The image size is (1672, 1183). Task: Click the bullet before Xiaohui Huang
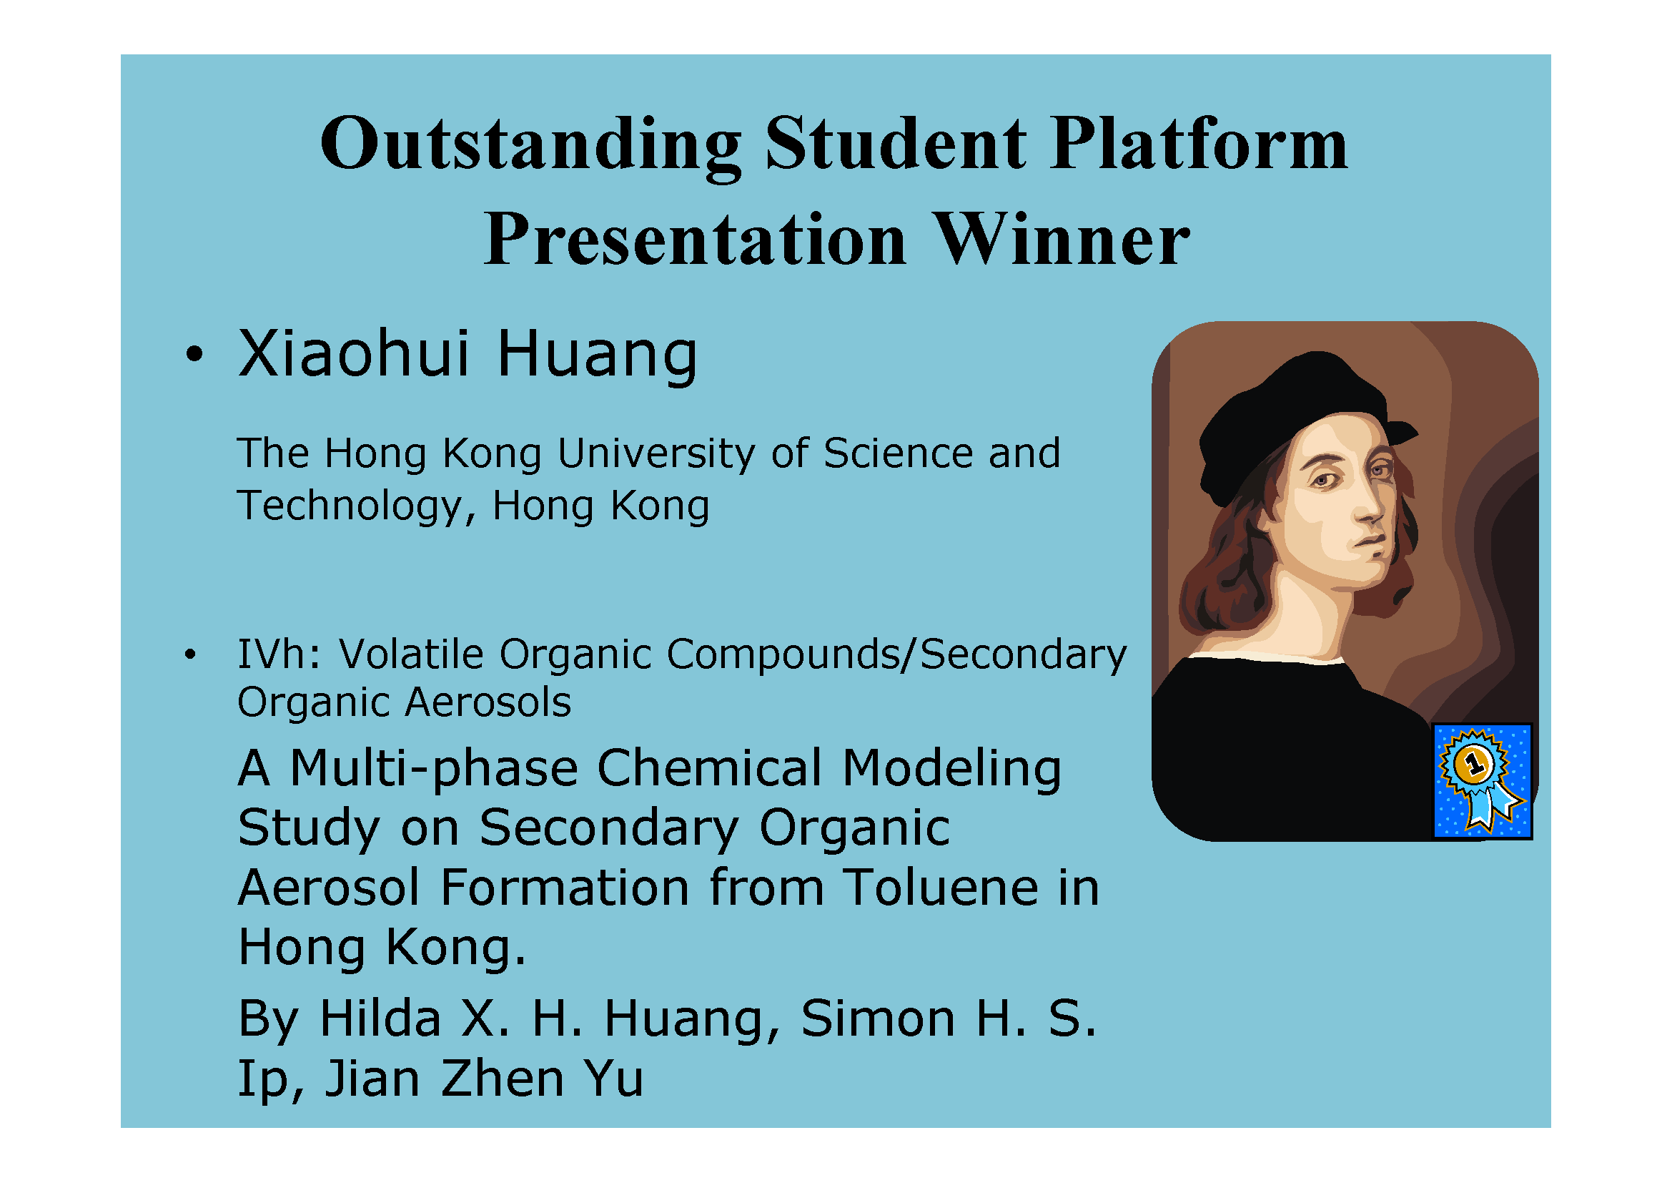click(x=194, y=354)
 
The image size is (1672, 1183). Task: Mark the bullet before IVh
click(x=190, y=654)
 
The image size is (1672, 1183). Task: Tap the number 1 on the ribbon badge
click(x=1475, y=764)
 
